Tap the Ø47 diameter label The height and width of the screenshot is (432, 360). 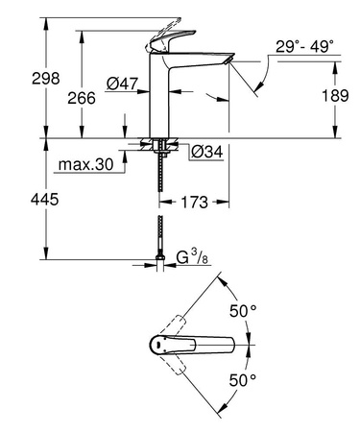point(120,84)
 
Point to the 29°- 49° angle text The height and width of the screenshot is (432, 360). point(306,46)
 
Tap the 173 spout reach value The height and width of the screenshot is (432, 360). point(197,204)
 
